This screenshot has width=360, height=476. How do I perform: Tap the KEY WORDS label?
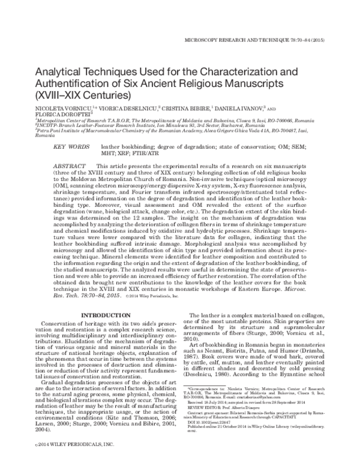70,146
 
